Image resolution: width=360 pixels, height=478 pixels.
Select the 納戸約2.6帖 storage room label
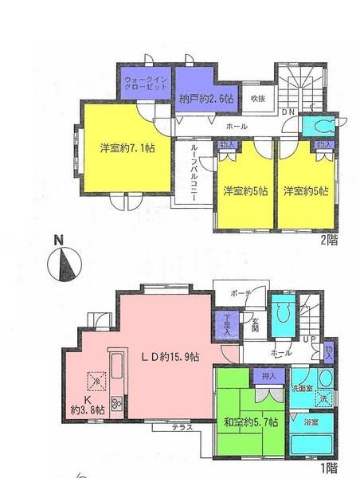205,99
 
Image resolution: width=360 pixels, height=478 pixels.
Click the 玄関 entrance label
254,324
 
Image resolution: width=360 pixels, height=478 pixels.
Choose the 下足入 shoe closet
225,326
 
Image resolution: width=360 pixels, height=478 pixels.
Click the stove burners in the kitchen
117,403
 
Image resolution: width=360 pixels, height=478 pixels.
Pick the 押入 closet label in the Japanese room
268,376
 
